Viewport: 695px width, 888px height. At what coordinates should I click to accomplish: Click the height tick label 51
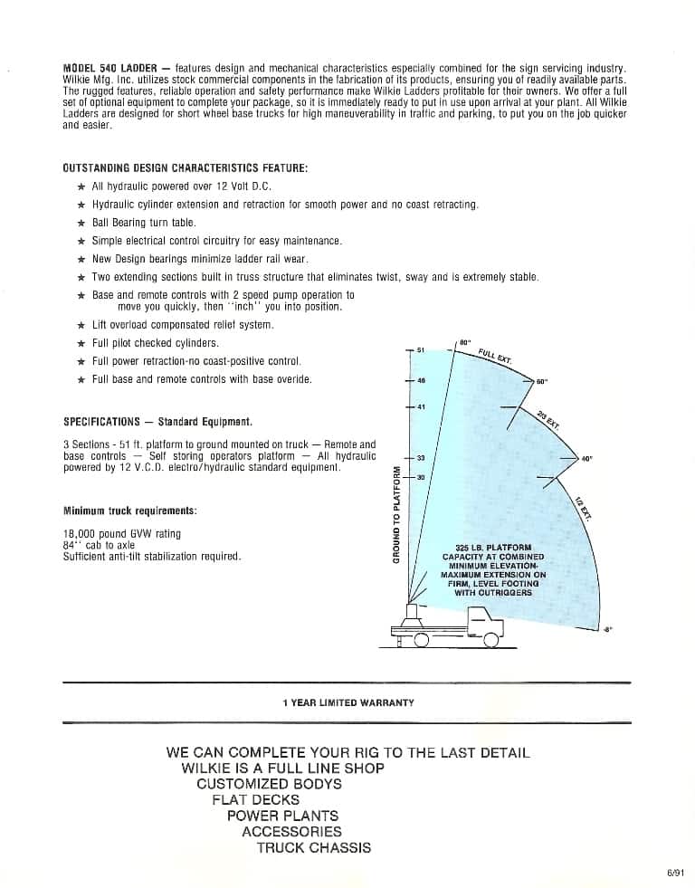click(422, 349)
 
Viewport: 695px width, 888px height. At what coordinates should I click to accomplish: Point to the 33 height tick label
click(421, 459)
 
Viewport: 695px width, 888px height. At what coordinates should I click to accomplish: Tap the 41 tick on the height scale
click(422, 406)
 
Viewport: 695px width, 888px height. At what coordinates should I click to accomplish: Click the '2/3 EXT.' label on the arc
click(548, 418)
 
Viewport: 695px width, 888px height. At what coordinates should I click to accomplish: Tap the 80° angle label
click(465, 340)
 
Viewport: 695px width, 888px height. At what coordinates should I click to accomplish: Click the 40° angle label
click(586, 459)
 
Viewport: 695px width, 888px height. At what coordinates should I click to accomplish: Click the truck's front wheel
click(491, 640)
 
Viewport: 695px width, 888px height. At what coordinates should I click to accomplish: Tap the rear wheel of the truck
click(422, 640)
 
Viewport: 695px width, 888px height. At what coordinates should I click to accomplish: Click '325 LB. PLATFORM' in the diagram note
click(493, 548)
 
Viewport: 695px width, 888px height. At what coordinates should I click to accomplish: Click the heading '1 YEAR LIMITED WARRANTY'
click(347, 702)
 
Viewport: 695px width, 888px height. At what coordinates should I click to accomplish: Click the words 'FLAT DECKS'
click(255, 800)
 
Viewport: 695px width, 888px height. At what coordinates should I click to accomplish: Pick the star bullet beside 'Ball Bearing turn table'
click(81, 223)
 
